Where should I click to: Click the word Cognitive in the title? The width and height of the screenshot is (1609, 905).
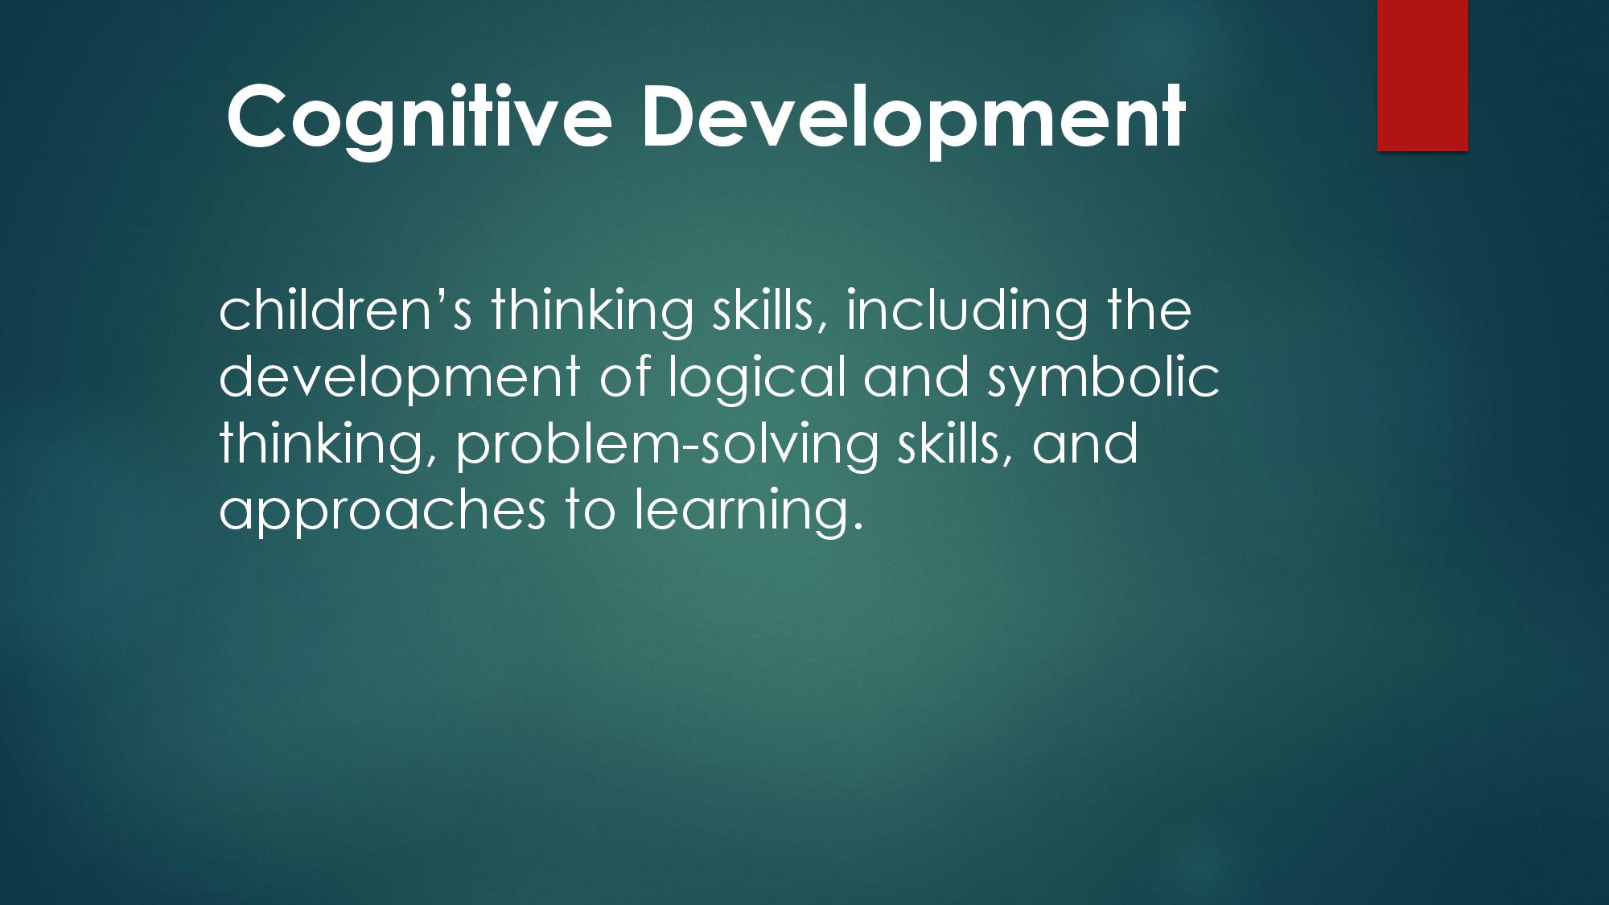[419, 117]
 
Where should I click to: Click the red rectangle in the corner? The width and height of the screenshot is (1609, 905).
[1422, 75]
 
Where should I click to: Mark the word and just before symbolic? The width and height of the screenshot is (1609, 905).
[916, 376]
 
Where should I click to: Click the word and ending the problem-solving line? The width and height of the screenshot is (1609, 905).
[1085, 443]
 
